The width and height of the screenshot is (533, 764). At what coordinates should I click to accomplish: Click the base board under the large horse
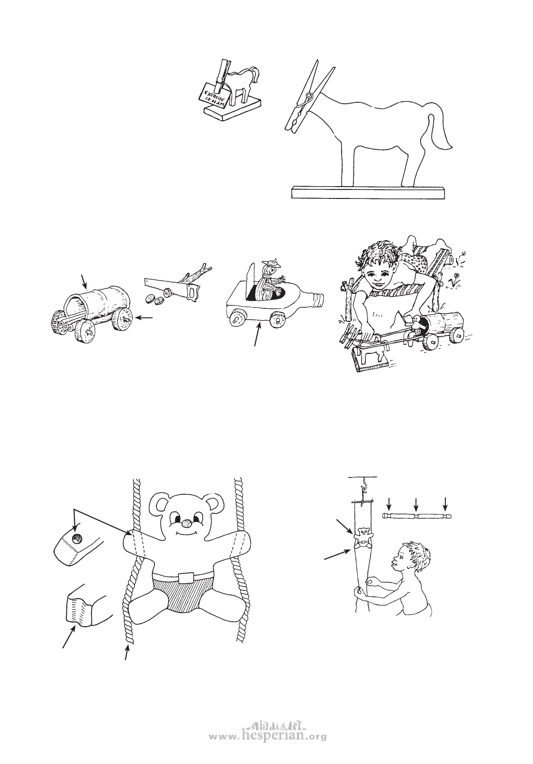[369, 192]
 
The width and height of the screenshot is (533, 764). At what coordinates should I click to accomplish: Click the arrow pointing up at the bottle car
[258, 335]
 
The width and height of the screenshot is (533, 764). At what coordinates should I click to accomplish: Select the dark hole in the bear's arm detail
[77, 539]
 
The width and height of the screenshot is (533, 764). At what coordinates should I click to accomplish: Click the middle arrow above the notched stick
[416, 504]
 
